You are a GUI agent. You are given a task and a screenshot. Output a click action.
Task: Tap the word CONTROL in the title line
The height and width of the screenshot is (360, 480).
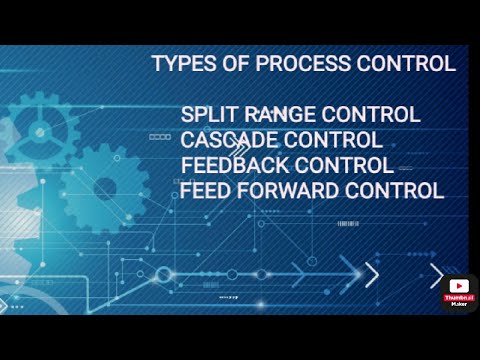tap(408, 65)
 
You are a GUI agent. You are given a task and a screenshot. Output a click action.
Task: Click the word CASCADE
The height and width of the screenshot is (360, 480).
tap(228, 140)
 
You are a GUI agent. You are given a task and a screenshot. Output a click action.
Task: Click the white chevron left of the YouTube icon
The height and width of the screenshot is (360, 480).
tap(437, 275)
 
